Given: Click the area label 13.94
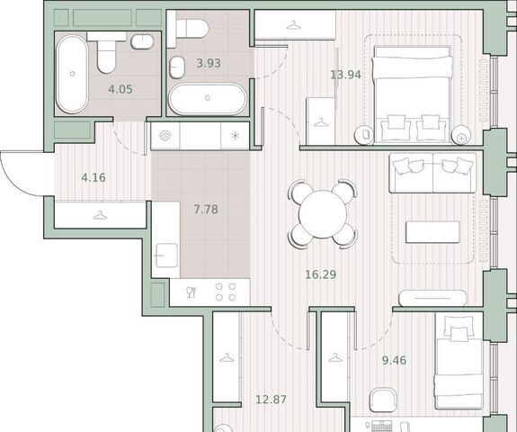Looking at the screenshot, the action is coord(345,75).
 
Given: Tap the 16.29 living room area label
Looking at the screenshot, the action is coord(321,274).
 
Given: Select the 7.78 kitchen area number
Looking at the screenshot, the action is coord(206,209).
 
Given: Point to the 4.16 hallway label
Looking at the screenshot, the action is coord(94,177).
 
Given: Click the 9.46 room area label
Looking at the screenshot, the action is coord(394,360).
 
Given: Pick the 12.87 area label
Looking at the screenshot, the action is coord(271,400).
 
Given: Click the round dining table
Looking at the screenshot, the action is coord(323,214).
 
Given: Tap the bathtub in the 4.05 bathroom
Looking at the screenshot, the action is coord(72,74).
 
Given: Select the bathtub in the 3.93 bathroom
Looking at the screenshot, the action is coord(208,98).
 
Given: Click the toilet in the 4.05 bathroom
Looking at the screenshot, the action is coord(106,52).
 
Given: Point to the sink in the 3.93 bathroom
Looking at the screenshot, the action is coord(177,67).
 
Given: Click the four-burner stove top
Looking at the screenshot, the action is coord(226,292).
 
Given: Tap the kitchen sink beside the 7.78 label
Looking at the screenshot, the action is coord(166,255).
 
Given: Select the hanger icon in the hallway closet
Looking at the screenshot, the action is coord(100,215).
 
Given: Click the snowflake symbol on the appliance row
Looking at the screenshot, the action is coord(235,136).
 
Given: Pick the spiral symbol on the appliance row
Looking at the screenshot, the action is coord(165,136).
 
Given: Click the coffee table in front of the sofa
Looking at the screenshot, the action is coord(432,232).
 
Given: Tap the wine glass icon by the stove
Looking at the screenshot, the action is coord(192,292).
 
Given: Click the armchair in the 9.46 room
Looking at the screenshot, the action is coord(383,400).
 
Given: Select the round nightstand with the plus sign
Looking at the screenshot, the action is coord(461,136).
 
